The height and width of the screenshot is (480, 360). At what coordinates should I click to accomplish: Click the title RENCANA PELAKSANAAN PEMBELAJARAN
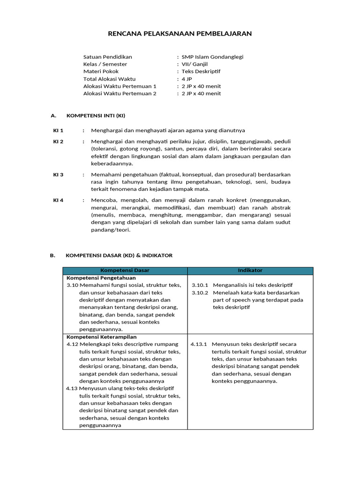(180, 34)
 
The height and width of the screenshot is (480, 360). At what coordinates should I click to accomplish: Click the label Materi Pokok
(101, 71)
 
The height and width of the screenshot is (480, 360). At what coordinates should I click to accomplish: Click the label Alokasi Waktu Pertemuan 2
(120, 93)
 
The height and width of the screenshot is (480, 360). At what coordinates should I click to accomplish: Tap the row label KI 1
(58, 130)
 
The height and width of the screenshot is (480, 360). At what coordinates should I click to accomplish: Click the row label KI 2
(58, 141)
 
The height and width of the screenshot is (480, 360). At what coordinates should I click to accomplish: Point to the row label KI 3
(58, 174)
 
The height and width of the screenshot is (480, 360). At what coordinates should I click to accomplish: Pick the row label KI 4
(58, 200)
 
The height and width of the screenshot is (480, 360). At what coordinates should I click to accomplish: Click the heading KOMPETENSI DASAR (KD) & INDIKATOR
(120, 255)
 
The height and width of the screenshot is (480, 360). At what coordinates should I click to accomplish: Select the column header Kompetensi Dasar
(125, 270)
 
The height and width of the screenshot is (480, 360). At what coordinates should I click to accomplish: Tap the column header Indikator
(250, 270)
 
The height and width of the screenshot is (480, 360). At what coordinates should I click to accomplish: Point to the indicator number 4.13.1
(199, 344)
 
